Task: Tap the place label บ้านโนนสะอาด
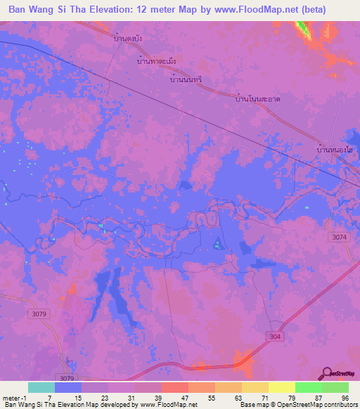point(258,100)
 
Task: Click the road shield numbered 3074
point(340,238)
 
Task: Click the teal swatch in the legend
point(41,387)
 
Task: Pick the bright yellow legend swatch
point(281,387)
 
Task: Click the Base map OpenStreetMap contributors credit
point(298,405)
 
